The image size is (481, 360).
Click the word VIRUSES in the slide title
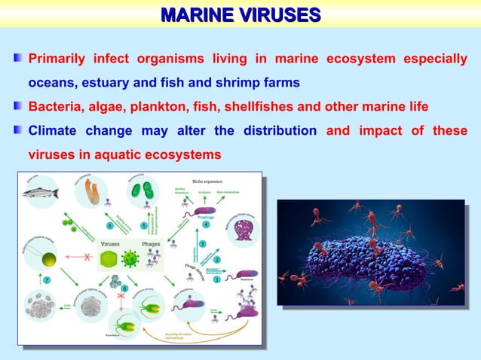(x=279, y=14)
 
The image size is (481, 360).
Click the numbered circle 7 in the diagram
(x=47, y=280)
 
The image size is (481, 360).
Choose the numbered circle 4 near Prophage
(x=205, y=224)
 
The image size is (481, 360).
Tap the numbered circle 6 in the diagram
(x=109, y=224)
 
